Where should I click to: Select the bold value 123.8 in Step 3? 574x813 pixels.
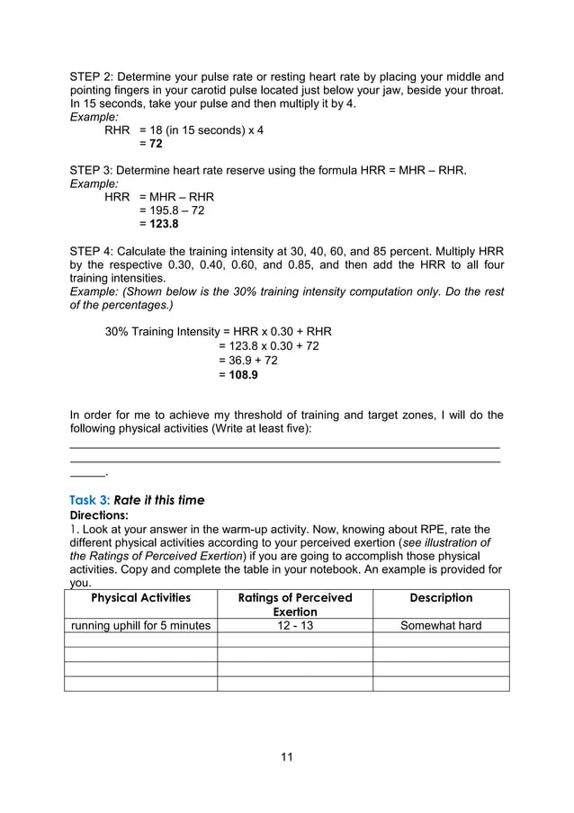coord(157,224)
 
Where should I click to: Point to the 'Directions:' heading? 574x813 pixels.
coord(99,515)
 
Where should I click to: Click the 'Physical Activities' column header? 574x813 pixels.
coord(140,598)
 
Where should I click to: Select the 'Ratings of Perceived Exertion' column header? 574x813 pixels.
coord(294,604)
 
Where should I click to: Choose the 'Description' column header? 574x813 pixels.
coord(441,598)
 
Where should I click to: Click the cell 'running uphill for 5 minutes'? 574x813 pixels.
coord(140,626)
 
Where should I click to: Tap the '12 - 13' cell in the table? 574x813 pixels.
coord(294,626)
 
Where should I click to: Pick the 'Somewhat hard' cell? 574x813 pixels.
coord(441,626)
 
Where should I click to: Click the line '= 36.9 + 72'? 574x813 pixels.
coord(248,360)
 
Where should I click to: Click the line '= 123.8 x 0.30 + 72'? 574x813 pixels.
coord(269,345)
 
